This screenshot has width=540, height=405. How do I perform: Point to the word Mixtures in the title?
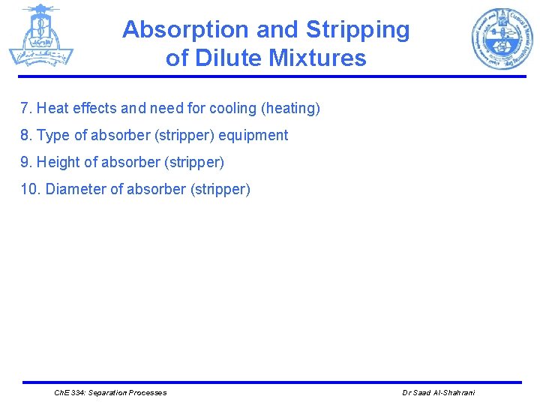click(321, 58)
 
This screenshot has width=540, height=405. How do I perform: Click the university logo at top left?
click(41, 35)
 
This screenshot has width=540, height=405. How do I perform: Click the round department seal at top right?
click(501, 38)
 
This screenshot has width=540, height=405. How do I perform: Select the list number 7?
click(26, 109)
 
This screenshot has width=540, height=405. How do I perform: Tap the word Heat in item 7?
click(52, 109)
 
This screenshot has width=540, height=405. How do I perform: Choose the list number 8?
click(26, 136)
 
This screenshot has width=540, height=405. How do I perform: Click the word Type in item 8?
click(53, 136)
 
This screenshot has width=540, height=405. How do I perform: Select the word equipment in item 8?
click(253, 136)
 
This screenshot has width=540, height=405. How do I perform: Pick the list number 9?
click(26, 163)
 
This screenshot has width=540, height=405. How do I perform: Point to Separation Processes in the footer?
click(127, 393)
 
